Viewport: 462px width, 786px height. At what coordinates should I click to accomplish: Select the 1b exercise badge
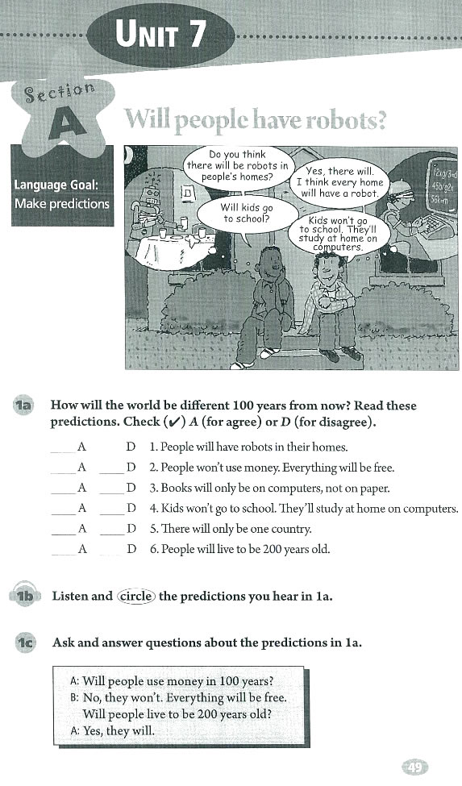[23, 597]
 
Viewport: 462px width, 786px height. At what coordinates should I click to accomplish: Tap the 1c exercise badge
[23, 643]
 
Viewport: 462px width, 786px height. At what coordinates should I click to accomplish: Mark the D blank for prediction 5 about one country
[111, 530]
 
